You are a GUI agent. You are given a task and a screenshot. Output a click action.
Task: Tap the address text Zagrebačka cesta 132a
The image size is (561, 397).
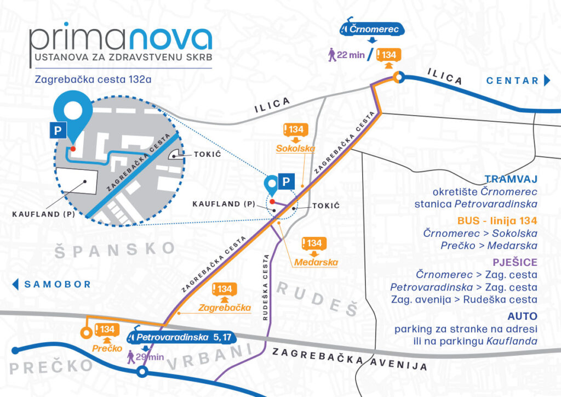93,78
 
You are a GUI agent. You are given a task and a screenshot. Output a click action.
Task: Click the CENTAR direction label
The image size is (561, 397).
513,81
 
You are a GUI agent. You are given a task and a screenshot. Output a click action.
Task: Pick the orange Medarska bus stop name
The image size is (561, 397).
315,262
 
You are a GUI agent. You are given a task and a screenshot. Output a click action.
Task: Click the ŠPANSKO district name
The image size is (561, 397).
115,248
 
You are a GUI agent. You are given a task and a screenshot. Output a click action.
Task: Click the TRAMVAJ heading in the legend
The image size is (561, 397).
511,179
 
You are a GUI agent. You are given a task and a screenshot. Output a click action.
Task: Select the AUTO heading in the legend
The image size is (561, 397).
522,316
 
